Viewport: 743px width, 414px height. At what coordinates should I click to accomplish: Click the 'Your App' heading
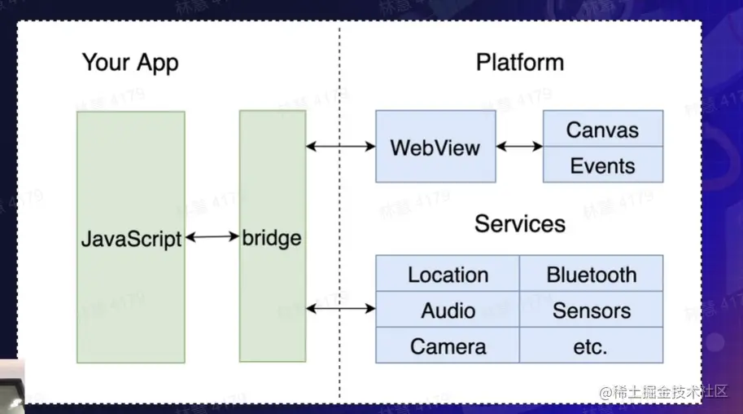click(130, 63)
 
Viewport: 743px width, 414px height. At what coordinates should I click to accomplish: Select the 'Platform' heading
click(520, 63)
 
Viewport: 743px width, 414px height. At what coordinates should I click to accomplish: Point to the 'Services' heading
click(520, 223)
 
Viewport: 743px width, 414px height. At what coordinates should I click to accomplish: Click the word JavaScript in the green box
click(131, 239)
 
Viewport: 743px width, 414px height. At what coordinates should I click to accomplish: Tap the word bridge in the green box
click(272, 238)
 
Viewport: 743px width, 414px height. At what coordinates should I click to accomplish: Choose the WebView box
click(435, 148)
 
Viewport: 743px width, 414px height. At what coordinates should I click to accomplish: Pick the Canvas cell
click(602, 130)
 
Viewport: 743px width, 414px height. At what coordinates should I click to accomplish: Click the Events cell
click(602, 165)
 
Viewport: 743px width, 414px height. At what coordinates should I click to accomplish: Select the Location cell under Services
click(448, 275)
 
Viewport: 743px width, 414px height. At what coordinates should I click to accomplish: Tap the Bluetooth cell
click(592, 275)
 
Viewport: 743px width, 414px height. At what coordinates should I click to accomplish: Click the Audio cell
click(448, 310)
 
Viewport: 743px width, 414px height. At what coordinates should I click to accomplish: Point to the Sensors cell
click(592, 310)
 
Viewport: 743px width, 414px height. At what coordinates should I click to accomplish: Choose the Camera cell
click(448, 346)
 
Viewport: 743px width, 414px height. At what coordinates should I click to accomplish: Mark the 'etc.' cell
click(592, 346)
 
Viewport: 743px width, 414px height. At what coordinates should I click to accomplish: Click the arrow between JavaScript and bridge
click(212, 237)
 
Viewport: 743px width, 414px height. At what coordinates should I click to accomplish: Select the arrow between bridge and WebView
click(340, 147)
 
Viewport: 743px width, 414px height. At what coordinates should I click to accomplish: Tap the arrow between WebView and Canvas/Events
click(519, 147)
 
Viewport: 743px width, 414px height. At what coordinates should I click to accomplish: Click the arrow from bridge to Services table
click(340, 308)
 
